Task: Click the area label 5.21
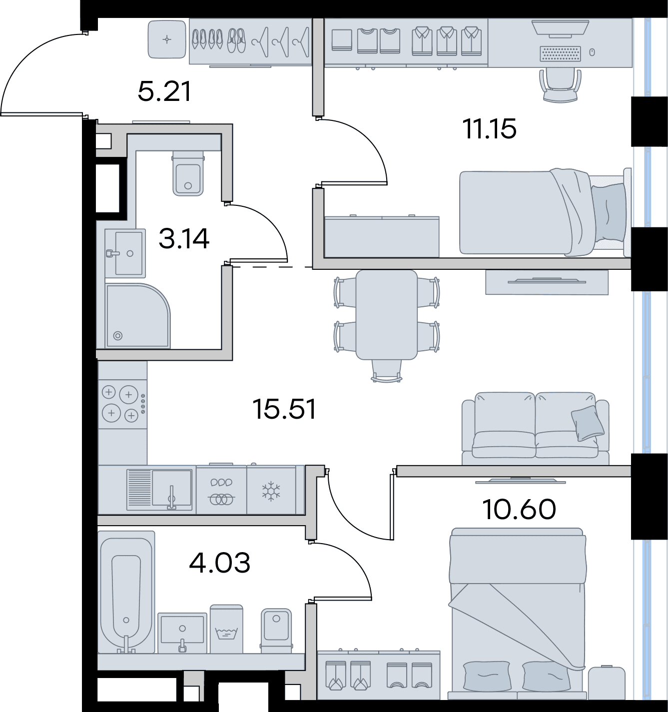click(164, 92)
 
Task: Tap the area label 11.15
click(489, 129)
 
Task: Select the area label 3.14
click(184, 239)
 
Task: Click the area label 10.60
click(519, 510)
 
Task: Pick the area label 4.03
click(220, 563)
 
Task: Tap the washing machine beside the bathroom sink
click(226, 629)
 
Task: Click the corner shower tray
click(136, 316)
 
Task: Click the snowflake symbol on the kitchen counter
click(271, 491)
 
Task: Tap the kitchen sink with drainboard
click(159, 490)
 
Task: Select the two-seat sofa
click(535, 427)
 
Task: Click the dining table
click(386, 315)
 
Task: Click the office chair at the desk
click(560, 85)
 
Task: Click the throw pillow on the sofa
click(587, 423)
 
